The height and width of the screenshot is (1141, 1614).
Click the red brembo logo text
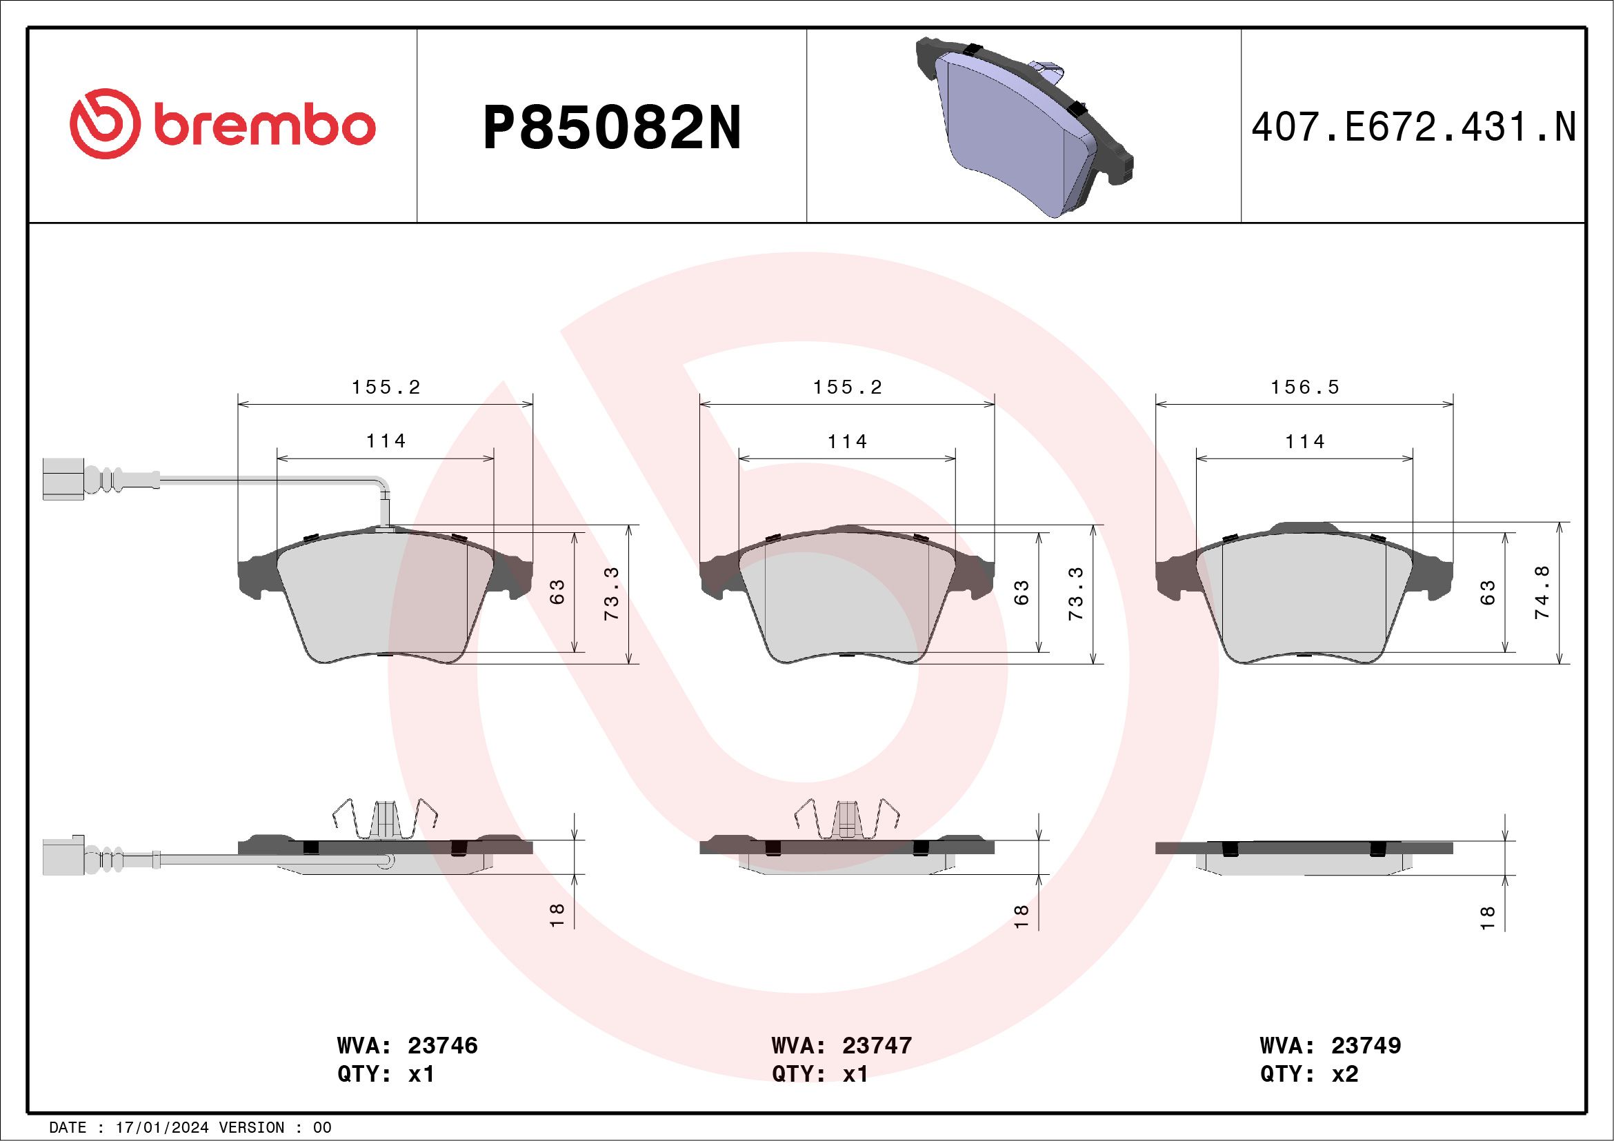tap(263, 125)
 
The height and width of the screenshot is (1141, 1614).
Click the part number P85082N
tap(612, 128)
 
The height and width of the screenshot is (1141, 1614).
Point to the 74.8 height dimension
tap(1542, 592)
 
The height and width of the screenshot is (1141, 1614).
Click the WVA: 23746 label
tap(407, 1045)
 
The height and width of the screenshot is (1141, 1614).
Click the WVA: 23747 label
tap(841, 1045)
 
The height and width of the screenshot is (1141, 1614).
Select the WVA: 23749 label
tap(1330, 1045)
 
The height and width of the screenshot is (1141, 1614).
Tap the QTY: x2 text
tap(1309, 1074)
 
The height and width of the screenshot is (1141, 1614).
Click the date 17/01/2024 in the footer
tap(161, 1128)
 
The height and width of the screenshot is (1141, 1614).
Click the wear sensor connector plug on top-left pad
tap(63, 479)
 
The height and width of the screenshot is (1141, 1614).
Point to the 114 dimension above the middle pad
tap(847, 441)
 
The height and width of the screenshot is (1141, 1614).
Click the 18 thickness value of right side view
tap(1487, 918)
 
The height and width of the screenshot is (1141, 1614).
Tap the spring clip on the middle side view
tap(848, 819)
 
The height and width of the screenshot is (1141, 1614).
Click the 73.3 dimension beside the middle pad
tap(1076, 594)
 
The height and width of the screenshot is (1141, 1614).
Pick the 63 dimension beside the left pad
tap(557, 592)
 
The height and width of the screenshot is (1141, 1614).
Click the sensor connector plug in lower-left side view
tap(63, 857)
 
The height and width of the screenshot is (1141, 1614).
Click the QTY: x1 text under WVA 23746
tap(386, 1074)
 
